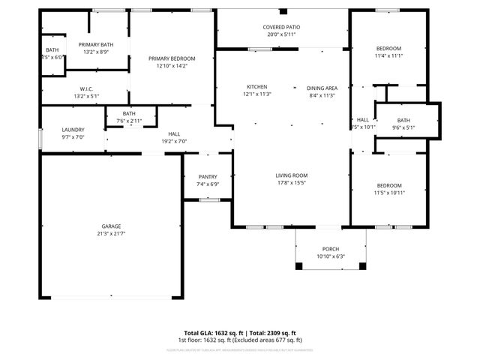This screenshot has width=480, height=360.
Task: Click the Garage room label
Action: click(111, 226)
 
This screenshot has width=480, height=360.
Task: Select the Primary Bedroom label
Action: click(172, 58)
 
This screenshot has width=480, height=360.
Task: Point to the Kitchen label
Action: click(257, 87)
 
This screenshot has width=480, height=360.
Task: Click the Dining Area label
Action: click(322, 88)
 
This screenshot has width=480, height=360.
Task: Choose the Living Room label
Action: click(291, 175)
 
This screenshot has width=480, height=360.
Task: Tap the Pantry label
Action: click(208, 177)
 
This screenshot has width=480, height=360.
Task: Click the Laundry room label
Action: click(73, 130)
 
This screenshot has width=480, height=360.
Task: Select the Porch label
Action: click(331, 249)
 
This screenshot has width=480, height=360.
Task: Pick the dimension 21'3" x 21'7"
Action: click(111, 234)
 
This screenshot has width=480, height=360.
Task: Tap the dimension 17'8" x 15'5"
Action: click(291, 182)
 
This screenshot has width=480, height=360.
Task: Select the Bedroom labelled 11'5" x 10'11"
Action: click(388, 185)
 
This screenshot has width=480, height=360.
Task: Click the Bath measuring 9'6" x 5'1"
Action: click(403, 120)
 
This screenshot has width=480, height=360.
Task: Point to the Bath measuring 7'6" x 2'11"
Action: click(129, 113)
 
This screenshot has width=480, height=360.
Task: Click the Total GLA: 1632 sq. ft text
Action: click(211, 333)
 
